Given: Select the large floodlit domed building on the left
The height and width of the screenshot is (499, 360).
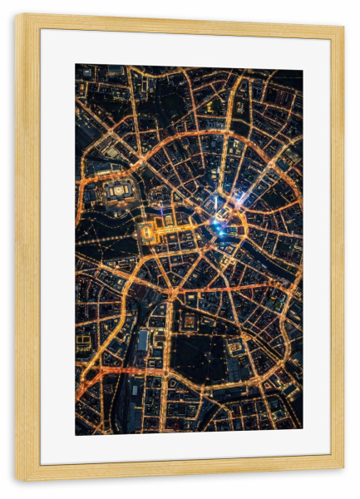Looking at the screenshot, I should point(119,190).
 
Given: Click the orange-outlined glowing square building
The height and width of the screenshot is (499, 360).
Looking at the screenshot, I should point(147,232).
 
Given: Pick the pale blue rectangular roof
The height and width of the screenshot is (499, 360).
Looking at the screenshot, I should point(143,341).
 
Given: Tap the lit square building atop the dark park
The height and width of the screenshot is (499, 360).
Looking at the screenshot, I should point(190,321).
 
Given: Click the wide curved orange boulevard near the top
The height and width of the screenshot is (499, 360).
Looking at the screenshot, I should point(191,132).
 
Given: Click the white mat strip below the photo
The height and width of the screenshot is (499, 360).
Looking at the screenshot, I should point(189,449).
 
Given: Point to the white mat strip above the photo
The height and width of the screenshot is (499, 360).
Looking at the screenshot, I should point(189,48).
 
